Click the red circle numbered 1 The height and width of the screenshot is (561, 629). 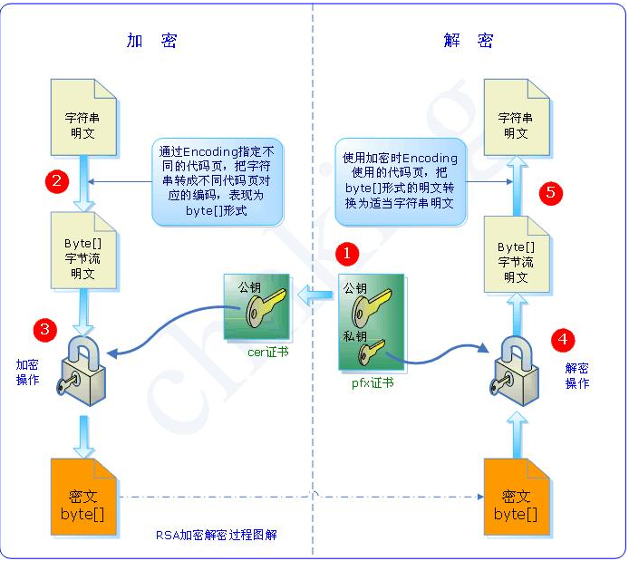[349, 251]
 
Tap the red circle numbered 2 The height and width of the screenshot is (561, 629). [57, 181]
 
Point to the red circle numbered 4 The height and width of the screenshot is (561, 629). [563, 340]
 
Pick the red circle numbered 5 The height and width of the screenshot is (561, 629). [550, 192]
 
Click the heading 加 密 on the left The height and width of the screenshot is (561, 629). [151, 41]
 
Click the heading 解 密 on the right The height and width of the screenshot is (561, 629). [468, 41]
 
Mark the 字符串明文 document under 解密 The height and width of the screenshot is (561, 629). [516, 115]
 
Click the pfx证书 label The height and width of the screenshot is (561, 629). [373, 383]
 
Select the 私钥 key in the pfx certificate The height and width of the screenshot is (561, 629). [371, 347]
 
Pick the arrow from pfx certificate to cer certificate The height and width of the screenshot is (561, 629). [316, 292]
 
